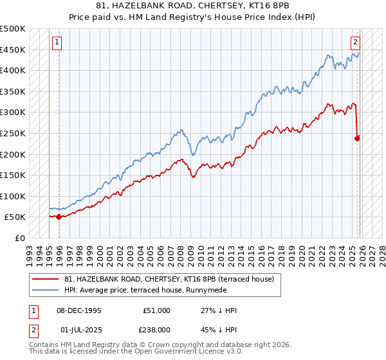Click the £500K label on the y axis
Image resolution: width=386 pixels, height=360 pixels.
coord(13,29)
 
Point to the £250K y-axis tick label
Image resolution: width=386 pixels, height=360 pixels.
coord(13,133)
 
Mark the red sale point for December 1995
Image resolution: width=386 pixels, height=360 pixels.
coord(59,217)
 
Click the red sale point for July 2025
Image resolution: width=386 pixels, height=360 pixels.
coord(358,138)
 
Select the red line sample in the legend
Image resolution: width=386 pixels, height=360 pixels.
coord(46,279)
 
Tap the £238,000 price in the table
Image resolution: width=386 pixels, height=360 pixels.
coord(157,328)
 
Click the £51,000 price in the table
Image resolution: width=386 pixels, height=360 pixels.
coord(157,310)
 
